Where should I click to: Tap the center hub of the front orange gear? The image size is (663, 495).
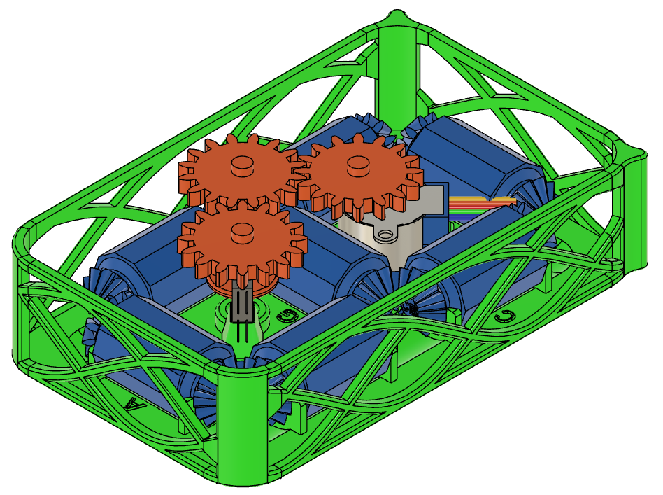point(241,229)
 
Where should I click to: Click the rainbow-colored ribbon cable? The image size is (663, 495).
point(483,204)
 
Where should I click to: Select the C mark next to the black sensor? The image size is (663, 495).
point(284,316)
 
